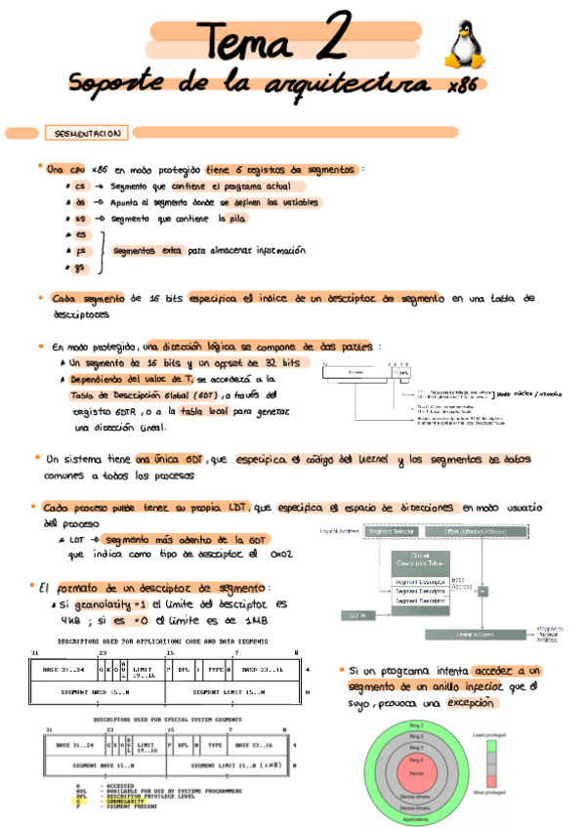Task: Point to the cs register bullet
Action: point(79,186)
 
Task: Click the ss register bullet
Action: point(79,220)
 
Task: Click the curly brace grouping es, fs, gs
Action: point(100,251)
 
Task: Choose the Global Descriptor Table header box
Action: point(420,563)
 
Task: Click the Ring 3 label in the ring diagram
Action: point(416,727)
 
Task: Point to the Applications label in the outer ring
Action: point(416,817)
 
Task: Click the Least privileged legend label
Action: point(489,732)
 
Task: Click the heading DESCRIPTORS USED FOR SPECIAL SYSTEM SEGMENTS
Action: point(152,718)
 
